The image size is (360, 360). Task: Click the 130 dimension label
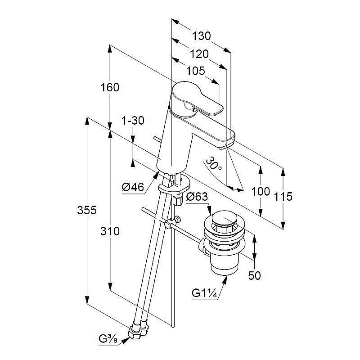point(202,36)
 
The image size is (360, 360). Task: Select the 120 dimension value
point(199,54)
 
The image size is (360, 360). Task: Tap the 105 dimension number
point(196,71)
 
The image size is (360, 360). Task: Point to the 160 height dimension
point(110,87)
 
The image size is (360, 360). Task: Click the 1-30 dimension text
point(133,121)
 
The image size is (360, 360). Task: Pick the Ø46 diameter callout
point(133,187)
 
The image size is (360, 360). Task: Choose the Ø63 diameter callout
point(196,197)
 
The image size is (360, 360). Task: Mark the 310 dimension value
point(110,231)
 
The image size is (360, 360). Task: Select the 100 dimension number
point(261,191)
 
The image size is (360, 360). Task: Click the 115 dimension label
point(283,196)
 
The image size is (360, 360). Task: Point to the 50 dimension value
point(255,275)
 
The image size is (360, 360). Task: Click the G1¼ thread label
point(205,293)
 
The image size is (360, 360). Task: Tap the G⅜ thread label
point(109,338)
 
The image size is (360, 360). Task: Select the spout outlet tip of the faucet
point(225,146)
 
